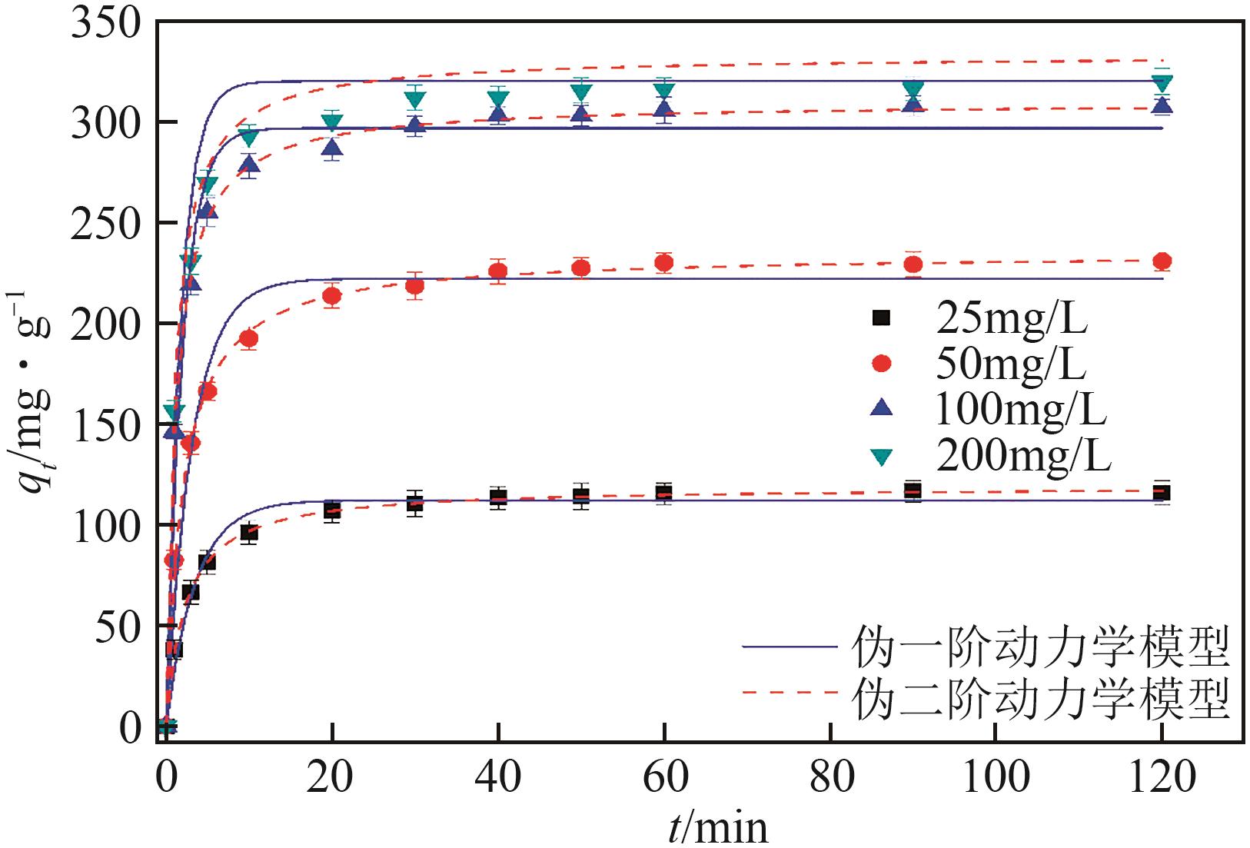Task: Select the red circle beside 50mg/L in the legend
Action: click(883, 364)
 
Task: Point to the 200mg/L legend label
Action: click(1023, 457)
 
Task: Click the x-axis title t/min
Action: click(716, 826)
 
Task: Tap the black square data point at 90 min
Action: click(913, 491)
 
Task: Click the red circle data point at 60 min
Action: click(664, 263)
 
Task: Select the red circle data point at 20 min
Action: click(332, 296)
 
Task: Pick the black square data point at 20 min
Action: click(332, 510)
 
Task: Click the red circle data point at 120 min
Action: click(1162, 261)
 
